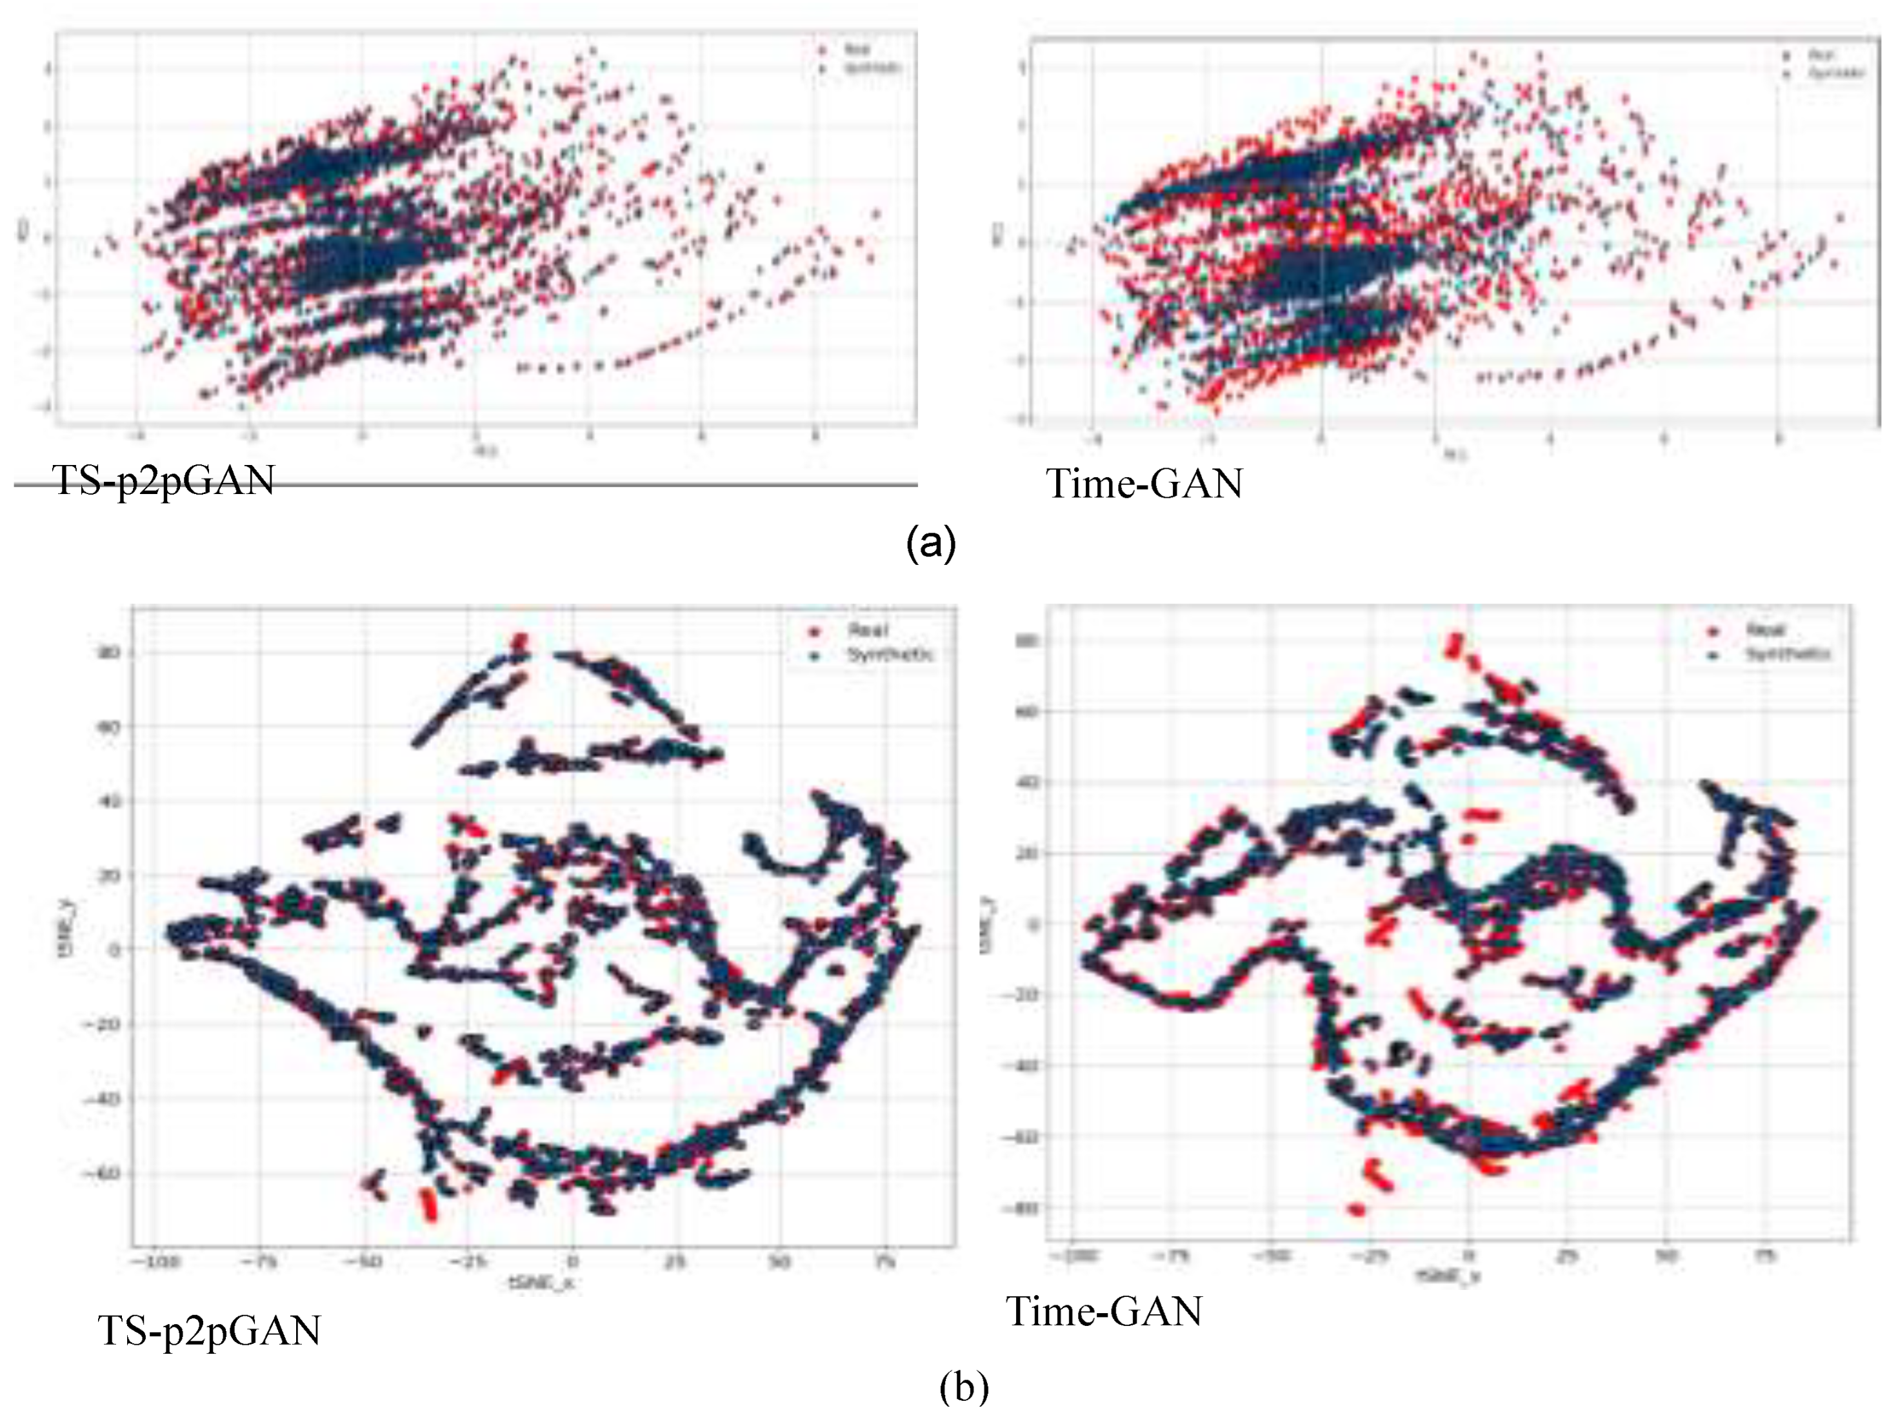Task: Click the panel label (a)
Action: [x=931, y=543]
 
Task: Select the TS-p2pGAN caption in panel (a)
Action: [x=163, y=480]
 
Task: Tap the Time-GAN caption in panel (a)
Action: [x=1144, y=483]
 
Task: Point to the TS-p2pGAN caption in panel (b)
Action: [x=210, y=1330]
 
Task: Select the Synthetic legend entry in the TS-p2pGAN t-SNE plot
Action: [x=890, y=655]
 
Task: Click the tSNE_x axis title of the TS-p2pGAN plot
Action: [x=541, y=1283]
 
